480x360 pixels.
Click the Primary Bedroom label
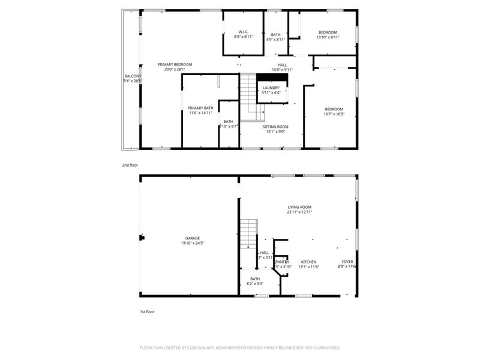(x=175, y=64)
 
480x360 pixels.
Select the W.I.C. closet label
(x=243, y=32)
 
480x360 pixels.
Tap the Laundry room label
(x=271, y=88)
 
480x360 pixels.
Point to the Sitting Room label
(x=275, y=127)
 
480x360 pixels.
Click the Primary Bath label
(x=200, y=108)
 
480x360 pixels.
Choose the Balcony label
(x=132, y=76)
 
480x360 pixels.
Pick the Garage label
(x=192, y=238)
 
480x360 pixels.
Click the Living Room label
(x=299, y=207)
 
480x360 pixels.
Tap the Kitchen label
(x=308, y=262)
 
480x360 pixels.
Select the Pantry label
(x=282, y=262)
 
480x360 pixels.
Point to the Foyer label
(x=347, y=262)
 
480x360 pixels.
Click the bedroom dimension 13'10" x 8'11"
(x=328, y=37)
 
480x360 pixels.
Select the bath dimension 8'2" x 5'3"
(x=255, y=283)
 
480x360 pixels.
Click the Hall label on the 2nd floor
(x=282, y=65)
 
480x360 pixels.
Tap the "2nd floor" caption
(x=130, y=164)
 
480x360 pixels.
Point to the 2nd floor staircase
(x=251, y=96)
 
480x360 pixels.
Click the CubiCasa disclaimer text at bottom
(x=240, y=347)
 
